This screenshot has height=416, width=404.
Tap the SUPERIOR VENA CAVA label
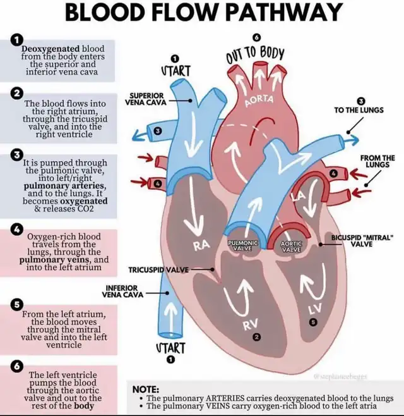(145, 98)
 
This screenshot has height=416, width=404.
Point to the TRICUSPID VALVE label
(158, 270)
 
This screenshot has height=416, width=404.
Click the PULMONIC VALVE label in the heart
(242, 246)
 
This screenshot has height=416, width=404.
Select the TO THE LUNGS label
(359, 110)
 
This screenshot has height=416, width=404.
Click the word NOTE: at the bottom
(143, 389)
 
